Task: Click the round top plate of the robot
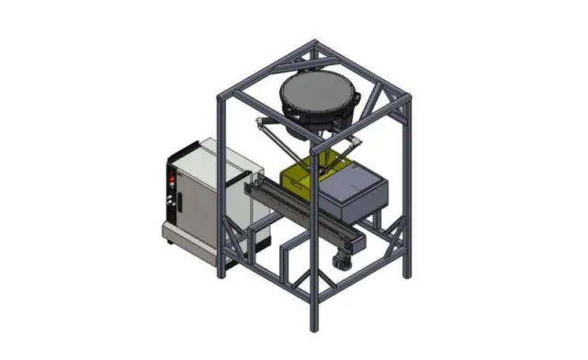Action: tap(317, 93)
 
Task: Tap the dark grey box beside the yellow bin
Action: tap(353, 193)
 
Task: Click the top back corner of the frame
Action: tap(317, 43)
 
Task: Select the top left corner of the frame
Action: tap(220, 96)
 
